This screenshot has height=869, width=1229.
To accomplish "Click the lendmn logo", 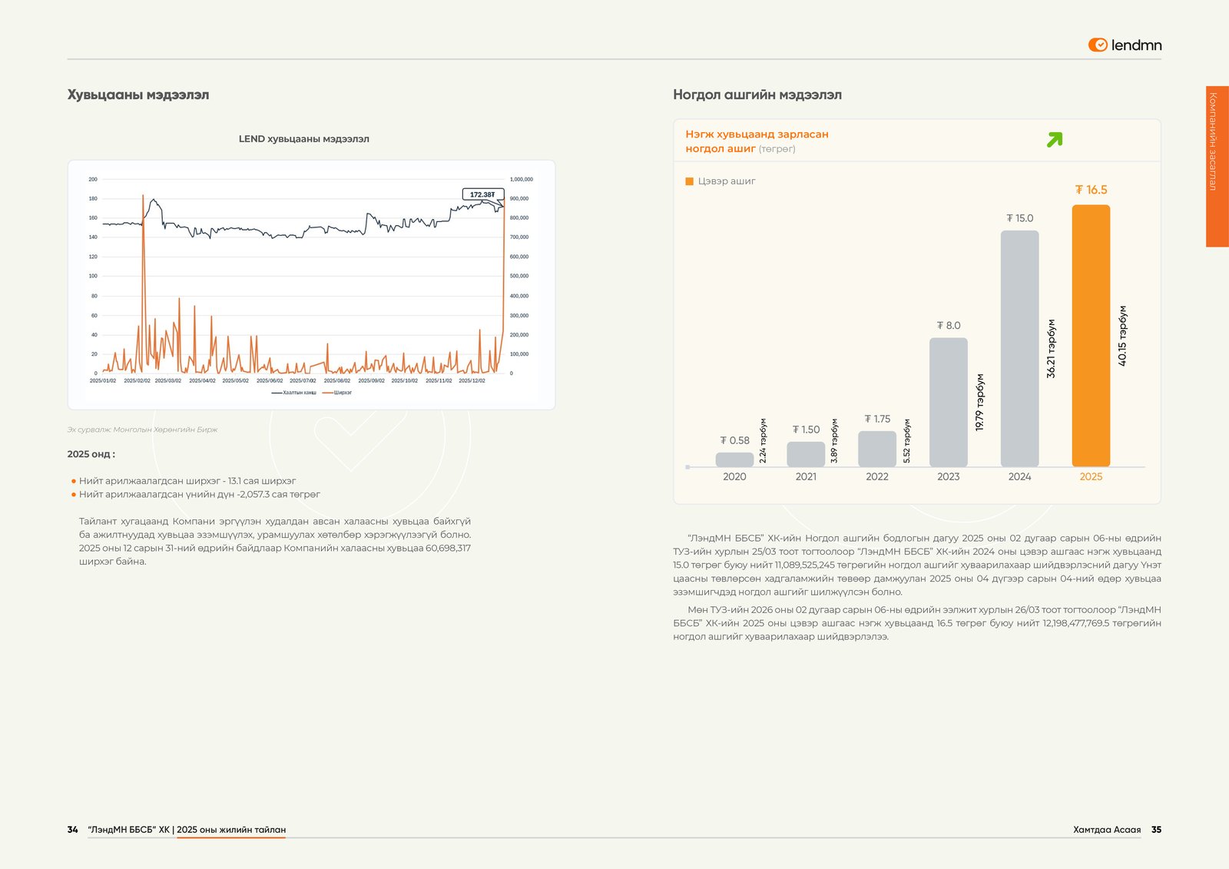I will (x=1125, y=45).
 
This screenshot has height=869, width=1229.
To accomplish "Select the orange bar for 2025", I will (x=1091, y=336).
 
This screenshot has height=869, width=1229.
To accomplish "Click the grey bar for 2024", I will (x=1019, y=348).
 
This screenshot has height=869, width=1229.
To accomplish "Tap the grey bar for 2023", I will (x=948, y=402).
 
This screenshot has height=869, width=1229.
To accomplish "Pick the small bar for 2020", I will (x=734, y=459).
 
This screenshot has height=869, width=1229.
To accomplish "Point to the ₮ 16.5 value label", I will (x=1091, y=190).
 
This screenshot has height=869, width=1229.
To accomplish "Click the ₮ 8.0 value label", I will (x=949, y=326).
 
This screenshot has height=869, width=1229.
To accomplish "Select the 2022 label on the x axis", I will (x=877, y=476).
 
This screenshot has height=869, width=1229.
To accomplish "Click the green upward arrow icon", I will (x=1055, y=140).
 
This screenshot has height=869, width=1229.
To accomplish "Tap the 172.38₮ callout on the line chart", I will (x=482, y=194).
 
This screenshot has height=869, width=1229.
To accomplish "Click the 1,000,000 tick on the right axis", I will (x=521, y=179).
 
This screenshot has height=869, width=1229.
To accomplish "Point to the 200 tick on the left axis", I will (x=93, y=179).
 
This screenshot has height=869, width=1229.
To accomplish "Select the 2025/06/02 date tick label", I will (x=270, y=381).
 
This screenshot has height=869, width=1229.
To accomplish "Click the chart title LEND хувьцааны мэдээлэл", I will (x=303, y=139).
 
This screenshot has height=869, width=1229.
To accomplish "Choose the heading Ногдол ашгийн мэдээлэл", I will (x=757, y=95).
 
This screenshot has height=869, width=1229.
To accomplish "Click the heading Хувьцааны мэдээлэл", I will (x=138, y=95).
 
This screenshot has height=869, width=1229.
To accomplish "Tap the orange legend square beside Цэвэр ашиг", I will (x=689, y=181).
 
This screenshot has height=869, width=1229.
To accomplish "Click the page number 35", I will (x=1156, y=830).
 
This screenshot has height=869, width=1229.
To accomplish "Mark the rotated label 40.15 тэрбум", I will (x=1122, y=336).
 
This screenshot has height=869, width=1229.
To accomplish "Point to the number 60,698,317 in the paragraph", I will (x=448, y=548).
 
